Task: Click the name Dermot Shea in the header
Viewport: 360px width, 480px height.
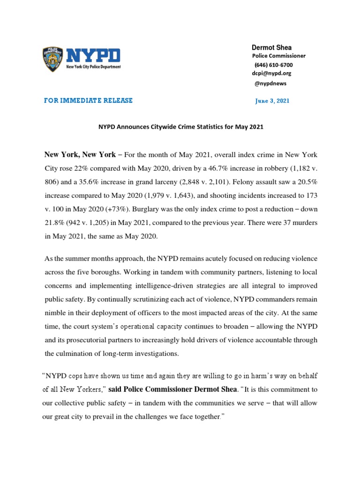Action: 271,47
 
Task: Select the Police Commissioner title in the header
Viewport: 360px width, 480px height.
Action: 279,56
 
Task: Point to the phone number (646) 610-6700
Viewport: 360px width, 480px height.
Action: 273,65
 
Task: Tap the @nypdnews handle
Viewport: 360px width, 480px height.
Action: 270,83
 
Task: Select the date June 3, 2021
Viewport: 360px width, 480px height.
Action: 272,101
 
